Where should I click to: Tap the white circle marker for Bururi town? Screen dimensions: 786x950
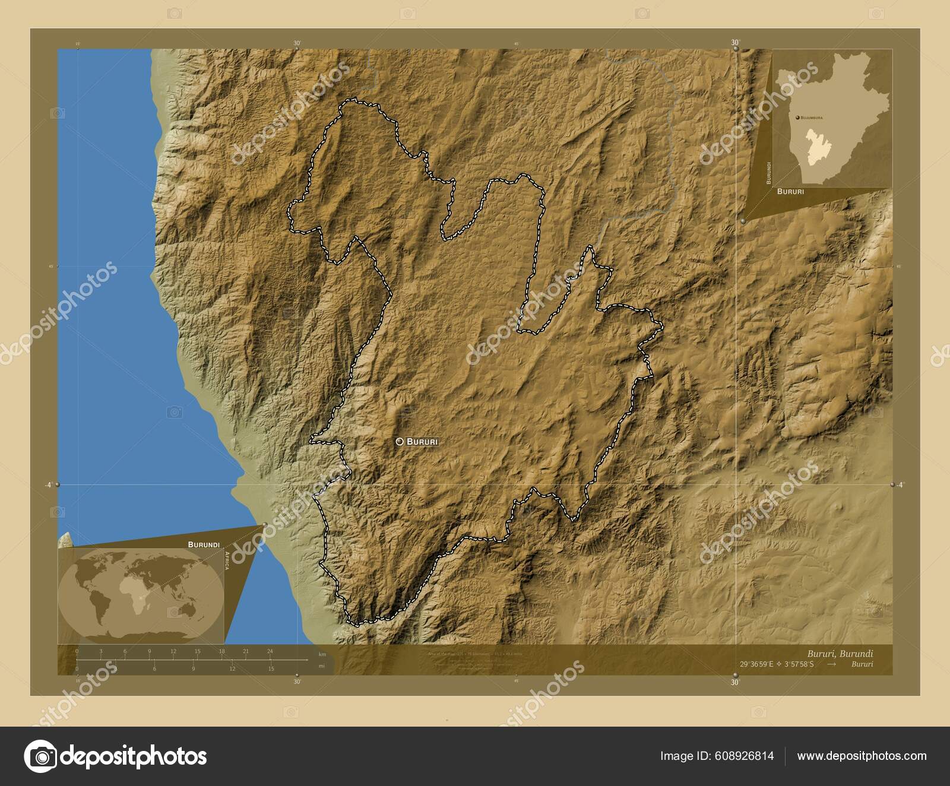tap(400, 442)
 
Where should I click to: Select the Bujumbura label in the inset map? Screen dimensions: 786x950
tap(816, 118)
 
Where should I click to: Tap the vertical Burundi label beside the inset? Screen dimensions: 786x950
tap(768, 172)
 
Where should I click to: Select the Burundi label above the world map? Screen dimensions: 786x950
tap(204, 544)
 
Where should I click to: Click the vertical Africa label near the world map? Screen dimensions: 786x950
tap(227, 560)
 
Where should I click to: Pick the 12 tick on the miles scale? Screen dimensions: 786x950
tap(233, 668)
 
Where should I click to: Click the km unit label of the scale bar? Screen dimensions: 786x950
tap(322, 654)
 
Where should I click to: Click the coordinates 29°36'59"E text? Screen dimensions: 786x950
tap(758, 664)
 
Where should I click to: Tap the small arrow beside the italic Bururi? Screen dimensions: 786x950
tap(831, 664)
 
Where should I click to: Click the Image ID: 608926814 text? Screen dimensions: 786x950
tap(717, 756)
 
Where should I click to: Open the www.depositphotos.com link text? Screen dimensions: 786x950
tap(862, 756)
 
